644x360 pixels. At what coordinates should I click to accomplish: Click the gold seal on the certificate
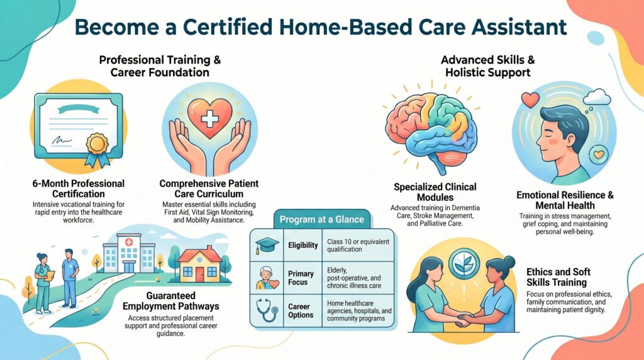click(x=97, y=143)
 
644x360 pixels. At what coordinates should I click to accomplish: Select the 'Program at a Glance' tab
click(x=321, y=219)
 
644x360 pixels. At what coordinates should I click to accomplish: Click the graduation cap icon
click(x=266, y=245)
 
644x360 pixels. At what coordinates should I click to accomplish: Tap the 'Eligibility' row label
click(x=303, y=245)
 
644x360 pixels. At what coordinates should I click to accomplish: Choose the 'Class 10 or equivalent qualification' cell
click(x=358, y=245)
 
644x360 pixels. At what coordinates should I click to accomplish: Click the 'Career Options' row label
click(x=301, y=311)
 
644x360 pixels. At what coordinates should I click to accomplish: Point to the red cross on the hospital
click(x=129, y=242)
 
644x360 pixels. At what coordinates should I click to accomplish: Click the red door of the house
click(x=199, y=274)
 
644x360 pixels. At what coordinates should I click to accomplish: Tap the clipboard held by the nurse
click(x=50, y=275)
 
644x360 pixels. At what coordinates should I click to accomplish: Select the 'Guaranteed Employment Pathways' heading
click(x=171, y=301)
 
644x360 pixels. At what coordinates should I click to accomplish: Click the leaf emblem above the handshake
click(x=464, y=264)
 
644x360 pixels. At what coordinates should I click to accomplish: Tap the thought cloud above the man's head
click(x=596, y=98)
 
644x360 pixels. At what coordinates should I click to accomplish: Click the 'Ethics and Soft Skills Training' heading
click(x=558, y=277)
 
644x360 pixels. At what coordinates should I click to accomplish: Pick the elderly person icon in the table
click(x=267, y=278)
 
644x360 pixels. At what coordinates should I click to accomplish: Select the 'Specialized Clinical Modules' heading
click(x=435, y=192)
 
